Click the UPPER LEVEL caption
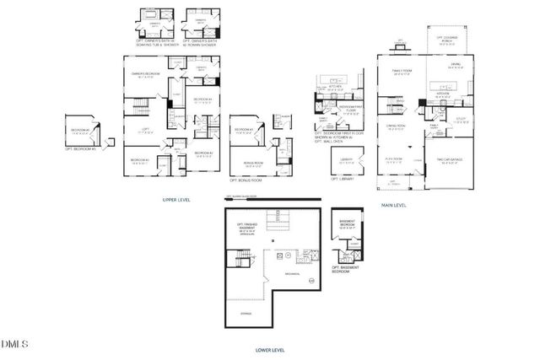coord(175,200)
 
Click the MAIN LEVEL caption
coord(393,205)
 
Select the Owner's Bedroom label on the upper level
coord(145,75)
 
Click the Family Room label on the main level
coord(401,73)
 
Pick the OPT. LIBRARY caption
coord(341,179)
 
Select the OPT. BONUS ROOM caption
coord(246,180)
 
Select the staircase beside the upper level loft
coord(138,107)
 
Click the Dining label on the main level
coord(456,64)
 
